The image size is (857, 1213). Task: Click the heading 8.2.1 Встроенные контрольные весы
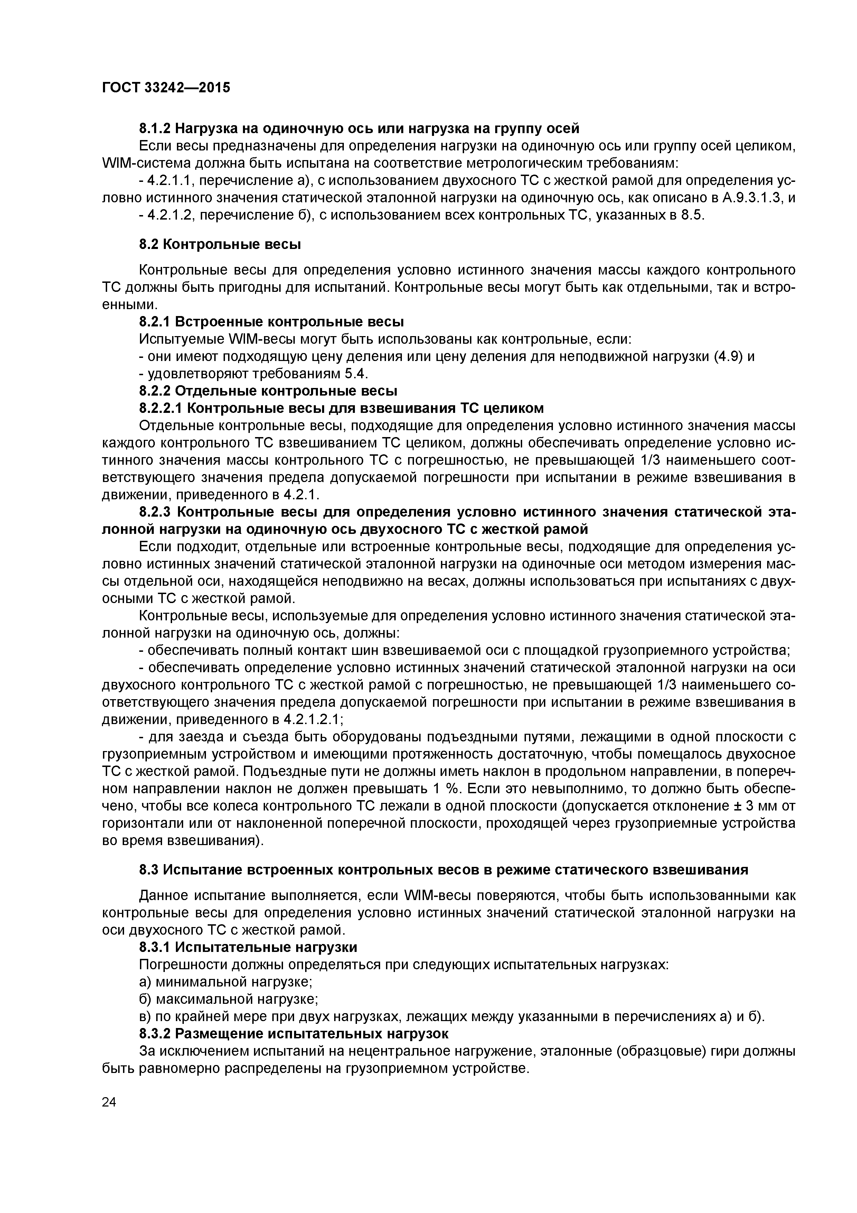coord(271,322)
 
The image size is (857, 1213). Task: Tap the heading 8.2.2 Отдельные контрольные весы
coord(268,391)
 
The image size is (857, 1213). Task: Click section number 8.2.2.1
coord(161,408)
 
